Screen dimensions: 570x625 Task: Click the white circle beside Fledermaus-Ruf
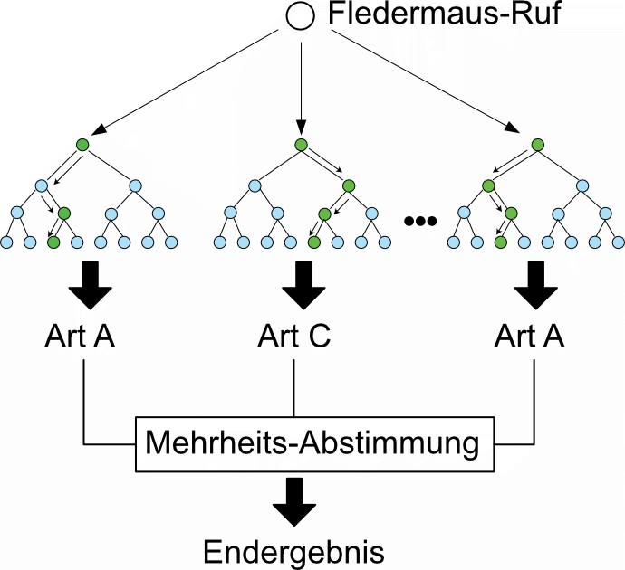pyautogui.click(x=301, y=17)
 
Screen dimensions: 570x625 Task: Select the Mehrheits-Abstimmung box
pyautogui.click(x=312, y=444)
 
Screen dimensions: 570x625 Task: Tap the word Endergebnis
pyautogui.click(x=293, y=551)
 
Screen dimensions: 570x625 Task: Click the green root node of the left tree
pyautogui.click(x=83, y=145)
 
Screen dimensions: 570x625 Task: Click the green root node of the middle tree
pyautogui.click(x=301, y=145)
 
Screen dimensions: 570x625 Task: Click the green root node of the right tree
pyautogui.click(x=537, y=145)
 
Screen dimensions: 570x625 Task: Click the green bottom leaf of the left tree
pyautogui.click(x=53, y=242)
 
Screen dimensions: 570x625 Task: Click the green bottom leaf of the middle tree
pyautogui.click(x=313, y=242)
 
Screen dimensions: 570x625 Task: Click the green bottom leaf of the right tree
pyautogui.click(x=499, y=242)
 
